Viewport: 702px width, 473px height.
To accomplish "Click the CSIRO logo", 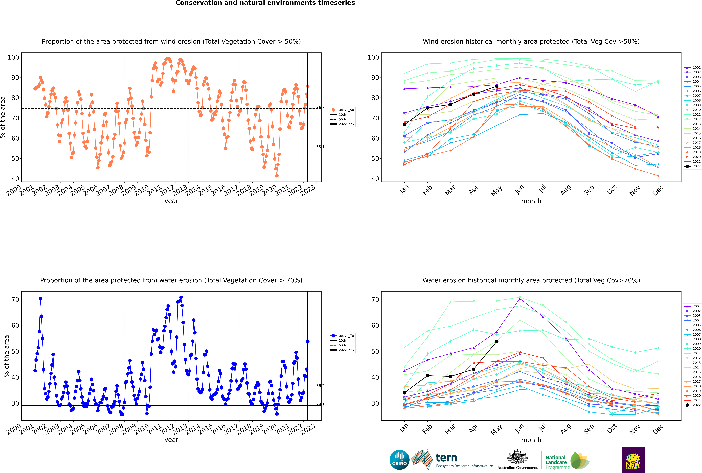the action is pos(399,460).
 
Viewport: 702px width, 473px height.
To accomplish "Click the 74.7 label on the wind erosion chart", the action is pos(320,107).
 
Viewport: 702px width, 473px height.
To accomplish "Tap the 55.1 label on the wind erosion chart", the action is pos(320,147).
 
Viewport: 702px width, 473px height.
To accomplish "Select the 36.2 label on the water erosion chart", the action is pos(320,386).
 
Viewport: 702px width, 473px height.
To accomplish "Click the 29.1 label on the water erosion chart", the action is pos(320,404).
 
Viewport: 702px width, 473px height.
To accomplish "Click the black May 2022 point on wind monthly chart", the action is pos(496,86).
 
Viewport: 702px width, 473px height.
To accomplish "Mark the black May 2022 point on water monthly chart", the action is pos(496,341).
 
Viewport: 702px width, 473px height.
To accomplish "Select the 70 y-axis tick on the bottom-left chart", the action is pos(15,300).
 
